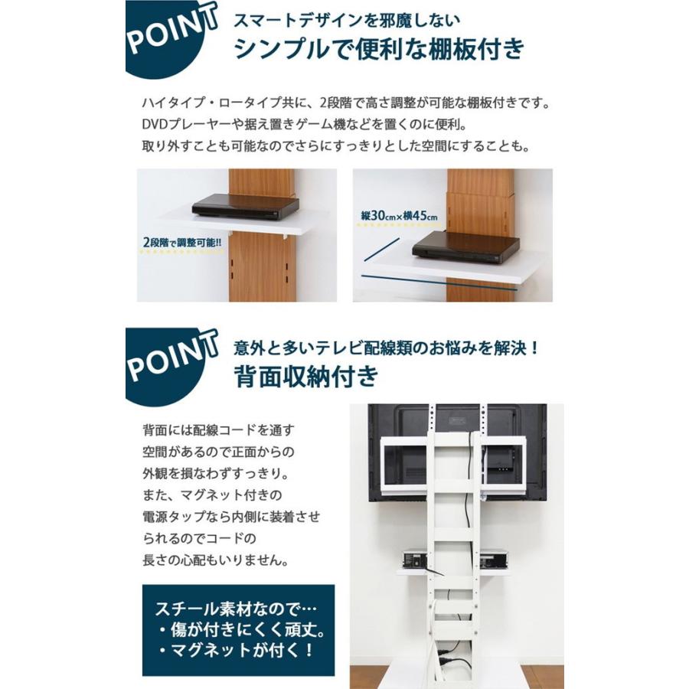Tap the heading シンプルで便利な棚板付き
click(x=380, y=48)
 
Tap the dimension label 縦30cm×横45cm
click(x=399, y=216)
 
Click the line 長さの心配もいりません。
click(x=215, y=560)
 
